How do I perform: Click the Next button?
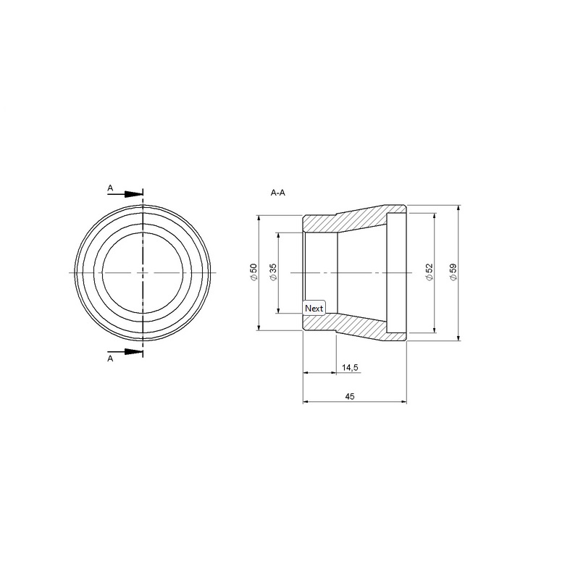coord(314,308)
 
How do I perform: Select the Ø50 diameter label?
coord(254,273)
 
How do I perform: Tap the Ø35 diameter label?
coord(273,273)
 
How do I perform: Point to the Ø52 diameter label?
coord(429,272)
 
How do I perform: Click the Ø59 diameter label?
coord(453,272)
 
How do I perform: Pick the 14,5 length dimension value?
coord(350,367)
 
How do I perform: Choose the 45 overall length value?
coord(350,396)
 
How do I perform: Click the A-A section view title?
coord(278,193)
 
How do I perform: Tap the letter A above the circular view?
coord(110,188)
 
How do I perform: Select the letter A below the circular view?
coord(110,359)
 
